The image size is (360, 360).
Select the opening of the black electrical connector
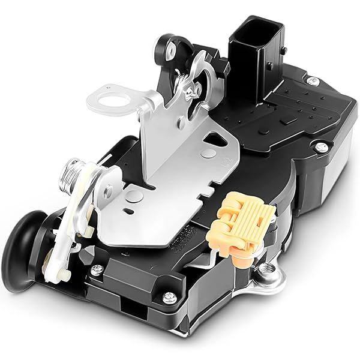pyautogui.click(x=250, y=31)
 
